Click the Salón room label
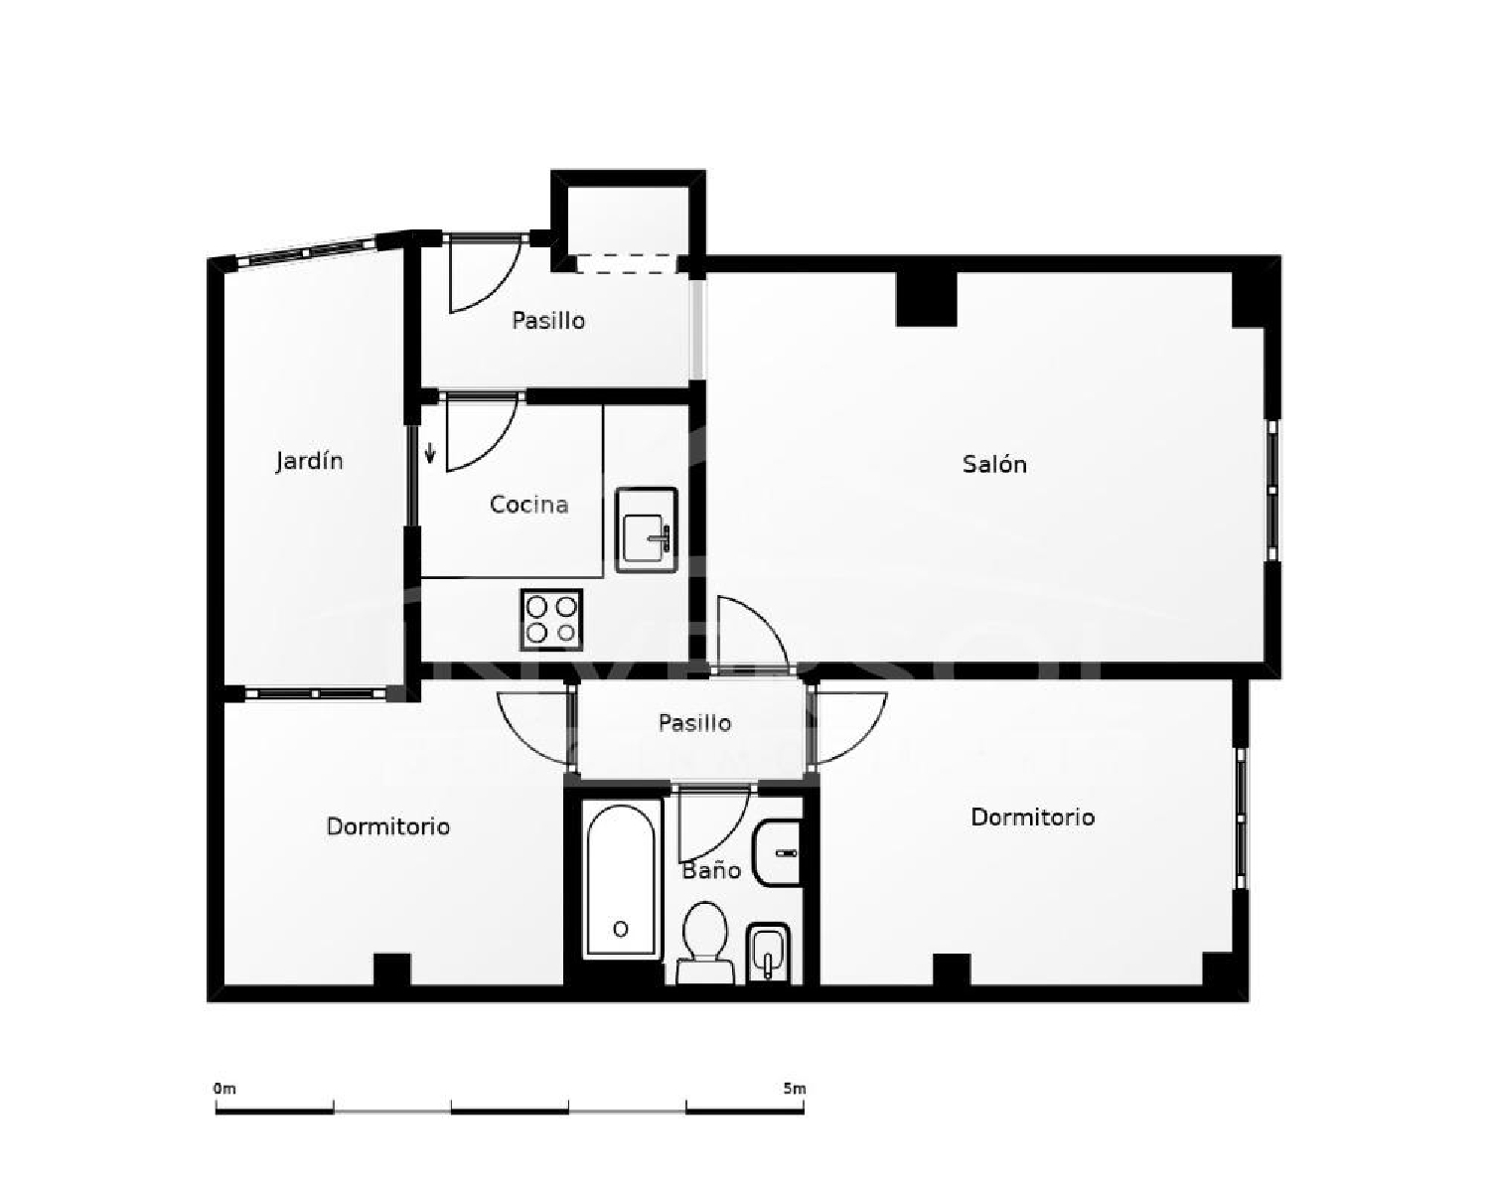pos(993,464)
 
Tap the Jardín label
pos(309,461)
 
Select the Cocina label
pos(528,505)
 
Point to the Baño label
pos(711,871)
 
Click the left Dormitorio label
pos(387,826)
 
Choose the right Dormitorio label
pos(1032,818)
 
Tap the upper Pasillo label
pos(547,320)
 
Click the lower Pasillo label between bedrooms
pos(694,723)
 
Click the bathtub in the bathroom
pos(621,879)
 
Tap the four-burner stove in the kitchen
pos(551,620)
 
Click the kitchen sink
pos(646,529)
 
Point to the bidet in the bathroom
pos(766,952)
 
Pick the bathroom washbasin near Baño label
pos(778,852)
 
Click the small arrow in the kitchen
pos(430,454)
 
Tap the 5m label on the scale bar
pos(794,1089)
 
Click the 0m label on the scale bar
pos(224,1089)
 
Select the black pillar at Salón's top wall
pos(926,298)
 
